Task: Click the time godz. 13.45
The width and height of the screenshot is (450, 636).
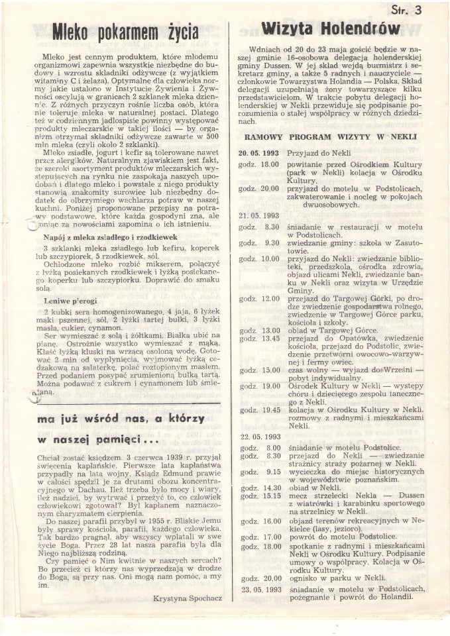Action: click(x=259, y=338)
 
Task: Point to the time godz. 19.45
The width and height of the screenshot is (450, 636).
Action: click(x=259, y=409)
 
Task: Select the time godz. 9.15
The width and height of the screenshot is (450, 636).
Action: click(x=259, y=472)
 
